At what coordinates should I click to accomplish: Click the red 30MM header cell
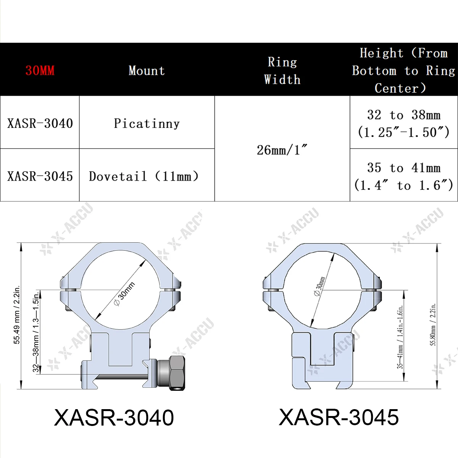click(40, 71)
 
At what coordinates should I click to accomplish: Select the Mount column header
click(147, 71)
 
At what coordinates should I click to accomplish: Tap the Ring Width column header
click(282, 71)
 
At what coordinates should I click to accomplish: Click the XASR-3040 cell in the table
click(40, 123)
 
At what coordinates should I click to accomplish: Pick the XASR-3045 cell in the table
click(40, 176)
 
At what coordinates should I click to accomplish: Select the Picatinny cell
click(147, 123)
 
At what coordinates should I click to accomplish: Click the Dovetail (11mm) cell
click(144, 176)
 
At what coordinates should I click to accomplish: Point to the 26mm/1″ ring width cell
click(282, 150)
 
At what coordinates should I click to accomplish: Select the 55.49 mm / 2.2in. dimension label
click(17, 315)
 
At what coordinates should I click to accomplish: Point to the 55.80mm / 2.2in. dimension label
click(433, 324)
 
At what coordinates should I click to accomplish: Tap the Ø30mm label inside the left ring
click(124, 294)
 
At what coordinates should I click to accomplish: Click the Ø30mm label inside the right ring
click(319, 286)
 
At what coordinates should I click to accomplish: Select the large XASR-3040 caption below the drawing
click(114, 418)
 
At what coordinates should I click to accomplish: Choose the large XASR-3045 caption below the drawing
click(339, 417)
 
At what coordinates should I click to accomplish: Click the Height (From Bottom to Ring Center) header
click(403, 71)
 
